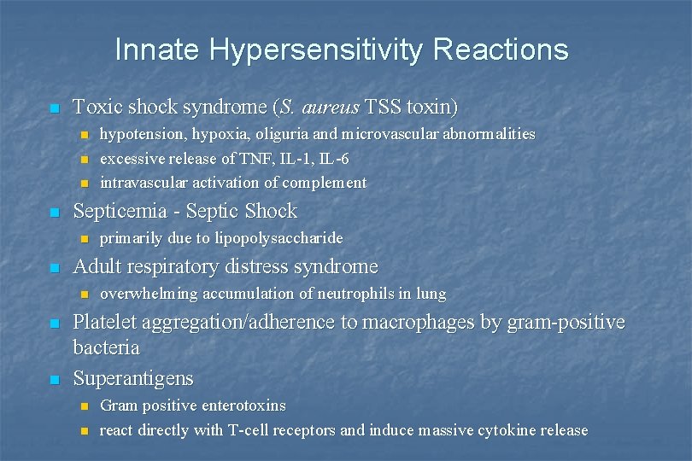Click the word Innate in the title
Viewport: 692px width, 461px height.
[x=152, y=50]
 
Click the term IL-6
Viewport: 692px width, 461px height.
[x=332, y=158]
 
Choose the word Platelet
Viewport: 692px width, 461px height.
[x=104, y=322]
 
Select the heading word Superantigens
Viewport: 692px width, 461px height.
[x=133, y=378]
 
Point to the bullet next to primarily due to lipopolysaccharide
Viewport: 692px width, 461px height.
[x=84, y=238]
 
